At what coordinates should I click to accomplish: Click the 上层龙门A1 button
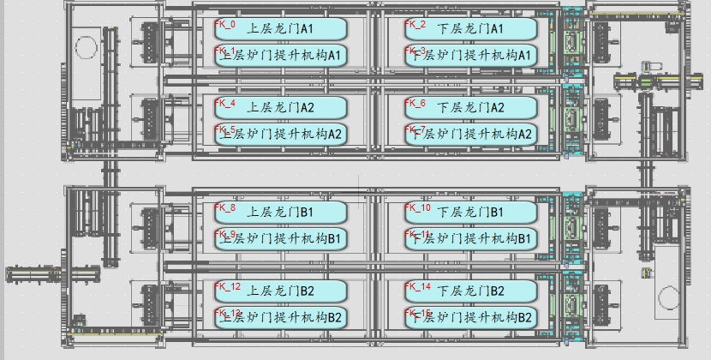[x=280, y=29]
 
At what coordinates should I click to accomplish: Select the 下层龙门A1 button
[x=470, y=29]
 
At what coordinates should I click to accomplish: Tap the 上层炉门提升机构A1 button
[x=280, y=56]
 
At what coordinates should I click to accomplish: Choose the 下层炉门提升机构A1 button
[x=470, y=56]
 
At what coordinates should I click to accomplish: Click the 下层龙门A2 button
[x=470, y=108]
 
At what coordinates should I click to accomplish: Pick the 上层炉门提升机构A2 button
[x=280, y=134]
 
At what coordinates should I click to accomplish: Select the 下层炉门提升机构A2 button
[x=470, y=134]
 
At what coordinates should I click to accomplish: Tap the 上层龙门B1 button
[x=280, y=212]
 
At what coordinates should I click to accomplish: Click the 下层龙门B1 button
[x=470, y=212]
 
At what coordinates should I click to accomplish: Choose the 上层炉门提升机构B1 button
[x=280, y=237]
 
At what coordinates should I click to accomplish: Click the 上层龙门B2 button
[x=280, y=291]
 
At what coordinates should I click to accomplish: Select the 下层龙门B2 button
[x=470, y=291]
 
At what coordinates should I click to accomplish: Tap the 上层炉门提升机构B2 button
[x=280, y=317]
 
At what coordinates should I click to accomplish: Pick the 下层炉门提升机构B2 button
[x=470, y=317]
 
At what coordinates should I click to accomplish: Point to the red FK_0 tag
[x=224, y=24]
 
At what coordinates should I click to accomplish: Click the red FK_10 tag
[x=418, y=207]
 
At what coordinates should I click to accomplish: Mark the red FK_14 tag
[x=418, y=286]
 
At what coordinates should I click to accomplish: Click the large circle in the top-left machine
[x=86, y=45]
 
